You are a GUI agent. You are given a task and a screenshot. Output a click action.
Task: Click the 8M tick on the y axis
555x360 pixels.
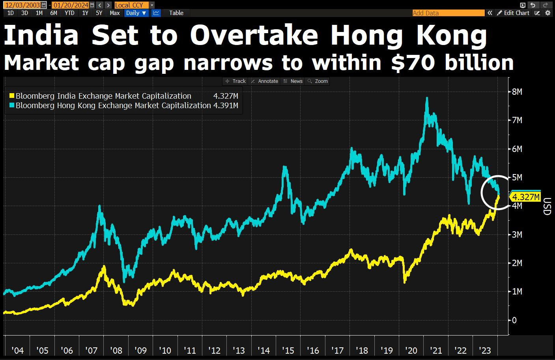[517, 92]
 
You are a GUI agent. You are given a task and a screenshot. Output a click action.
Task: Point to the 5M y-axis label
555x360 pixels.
[517, 178]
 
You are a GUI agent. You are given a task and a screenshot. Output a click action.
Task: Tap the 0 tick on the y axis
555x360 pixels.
[514, 320]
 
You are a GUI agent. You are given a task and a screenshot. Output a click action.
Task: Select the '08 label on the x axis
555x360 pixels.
[116, 351]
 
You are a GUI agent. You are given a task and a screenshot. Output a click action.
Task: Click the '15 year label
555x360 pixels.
[288, 351]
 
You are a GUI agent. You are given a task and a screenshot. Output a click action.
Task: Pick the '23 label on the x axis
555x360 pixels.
[484, 351]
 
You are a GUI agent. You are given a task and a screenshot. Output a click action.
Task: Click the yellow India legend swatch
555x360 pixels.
[12, 96]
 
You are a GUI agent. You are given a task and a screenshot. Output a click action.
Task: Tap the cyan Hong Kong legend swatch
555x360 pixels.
[12, 105]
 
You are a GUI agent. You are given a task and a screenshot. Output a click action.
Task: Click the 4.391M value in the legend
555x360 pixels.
[226, 105]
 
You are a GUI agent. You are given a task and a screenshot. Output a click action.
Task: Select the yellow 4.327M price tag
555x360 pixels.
[525, 197]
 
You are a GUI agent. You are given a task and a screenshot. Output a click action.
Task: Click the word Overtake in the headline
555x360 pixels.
[254, 36]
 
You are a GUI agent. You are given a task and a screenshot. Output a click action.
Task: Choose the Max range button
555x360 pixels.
[115, 13]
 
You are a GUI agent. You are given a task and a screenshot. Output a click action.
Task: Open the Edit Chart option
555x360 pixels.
[513, 13]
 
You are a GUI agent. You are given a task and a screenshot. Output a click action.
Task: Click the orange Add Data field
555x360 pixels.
[448, 13]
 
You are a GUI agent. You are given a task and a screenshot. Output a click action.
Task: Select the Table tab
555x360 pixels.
[176, 13]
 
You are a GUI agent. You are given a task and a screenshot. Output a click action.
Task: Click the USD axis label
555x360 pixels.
[546, 206]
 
